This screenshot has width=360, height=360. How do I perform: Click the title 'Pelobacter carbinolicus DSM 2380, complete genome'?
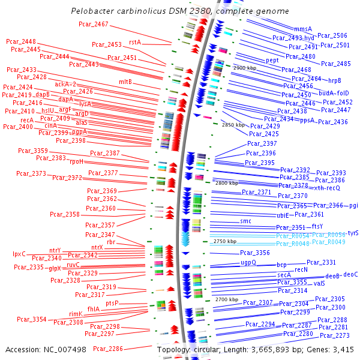point(179,11)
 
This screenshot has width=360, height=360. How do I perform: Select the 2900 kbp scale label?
point(245,68)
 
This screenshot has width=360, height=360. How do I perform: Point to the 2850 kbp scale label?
point(233,125)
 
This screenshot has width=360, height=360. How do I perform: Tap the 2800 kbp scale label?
point(226,182)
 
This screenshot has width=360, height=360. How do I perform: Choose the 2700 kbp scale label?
point(227,299)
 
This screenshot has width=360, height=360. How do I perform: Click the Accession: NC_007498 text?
point(46,349)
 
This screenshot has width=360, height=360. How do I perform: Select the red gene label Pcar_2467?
point(94,24)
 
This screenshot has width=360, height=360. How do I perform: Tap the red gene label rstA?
point(135,42)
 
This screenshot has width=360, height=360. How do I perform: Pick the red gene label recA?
point(26,120)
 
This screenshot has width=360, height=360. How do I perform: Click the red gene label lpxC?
point(19,254)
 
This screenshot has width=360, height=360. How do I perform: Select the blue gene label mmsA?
point(303,29)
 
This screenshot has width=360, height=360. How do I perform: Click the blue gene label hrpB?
point(334,80)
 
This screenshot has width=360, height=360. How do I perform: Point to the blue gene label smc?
point(245,221)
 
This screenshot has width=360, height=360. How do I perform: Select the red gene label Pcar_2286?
point(108,348)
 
